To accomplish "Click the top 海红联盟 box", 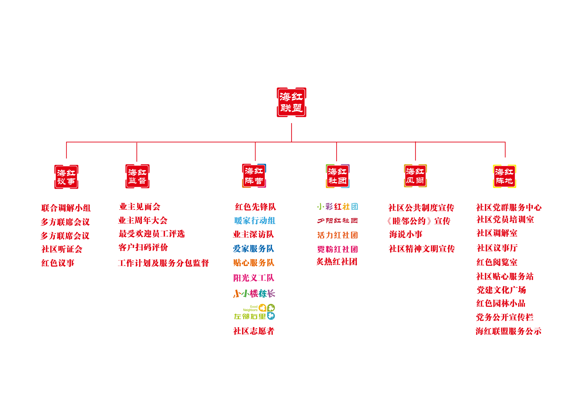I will tap(291, 102).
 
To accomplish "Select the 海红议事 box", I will tap(66, 177).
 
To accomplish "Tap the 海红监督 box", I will tap(137, 176).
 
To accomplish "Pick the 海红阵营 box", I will tap(254, 176).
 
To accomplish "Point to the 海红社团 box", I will tap(338, 176).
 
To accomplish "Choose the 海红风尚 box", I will tap(415, 176).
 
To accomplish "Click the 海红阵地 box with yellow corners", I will tap(504, 176).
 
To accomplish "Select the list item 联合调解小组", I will tap(66, 208).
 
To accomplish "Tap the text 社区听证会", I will tap(62, 249).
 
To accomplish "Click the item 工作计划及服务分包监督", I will tap(163, 263).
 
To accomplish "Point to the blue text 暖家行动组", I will tap(255, 221).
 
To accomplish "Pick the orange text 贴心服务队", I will tap(254, 263).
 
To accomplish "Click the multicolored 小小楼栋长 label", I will tap(254, 293).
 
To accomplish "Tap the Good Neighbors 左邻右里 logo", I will tap(255, 312).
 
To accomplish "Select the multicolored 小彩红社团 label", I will tap(337, 206).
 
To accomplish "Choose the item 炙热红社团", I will tap(337, 262).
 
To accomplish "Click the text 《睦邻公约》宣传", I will tap(419, 221).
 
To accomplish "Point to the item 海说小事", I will tap(406, 234).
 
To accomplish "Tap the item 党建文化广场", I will tap(501, 290).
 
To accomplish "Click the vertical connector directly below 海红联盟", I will tap(291, 132).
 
